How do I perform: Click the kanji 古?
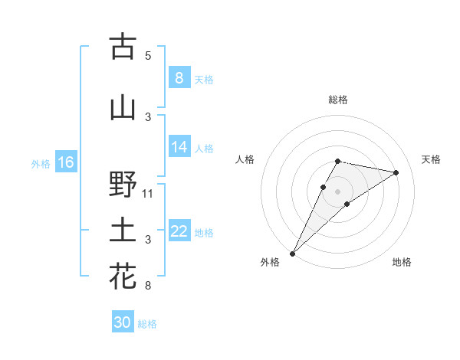[x=123, y=47]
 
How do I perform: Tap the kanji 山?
[x=123, y=108]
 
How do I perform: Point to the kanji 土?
[x=123, y=231]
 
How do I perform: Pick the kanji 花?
[x=123, y=277]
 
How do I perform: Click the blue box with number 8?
[x=179, y=77]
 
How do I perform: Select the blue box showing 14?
[x=179, y=147]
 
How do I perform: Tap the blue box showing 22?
[x=179, y=231]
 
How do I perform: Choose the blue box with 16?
[x=66, y=162]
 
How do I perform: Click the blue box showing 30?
[x=123, y=322]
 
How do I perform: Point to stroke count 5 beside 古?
[x=148, y=56]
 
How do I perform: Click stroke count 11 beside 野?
[x=148, y=194]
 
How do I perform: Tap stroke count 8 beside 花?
[x=148, y=286]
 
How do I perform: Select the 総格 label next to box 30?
[x=147, y=324]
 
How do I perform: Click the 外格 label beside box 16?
[x=41, y=163]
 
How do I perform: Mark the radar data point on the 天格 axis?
[x=396, y=172]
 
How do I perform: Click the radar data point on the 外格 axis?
[x=292, y=254]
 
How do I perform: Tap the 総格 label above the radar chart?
[x=337, y=100]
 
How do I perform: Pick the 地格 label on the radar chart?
[x=402, y=263]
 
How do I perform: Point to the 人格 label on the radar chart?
[x=245, y=159]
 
